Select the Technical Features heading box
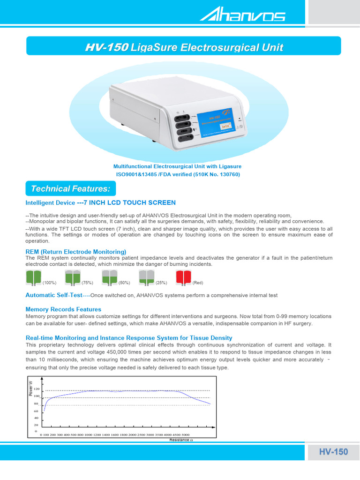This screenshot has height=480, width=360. tap(70, 188)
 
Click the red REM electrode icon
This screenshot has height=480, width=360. tap(183, 278)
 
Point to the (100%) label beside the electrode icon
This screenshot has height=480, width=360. tap(49, 283)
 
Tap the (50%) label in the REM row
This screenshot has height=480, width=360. tap(124, 283)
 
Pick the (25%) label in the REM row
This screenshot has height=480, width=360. tap(161, 283)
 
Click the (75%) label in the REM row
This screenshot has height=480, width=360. tap(88, 283)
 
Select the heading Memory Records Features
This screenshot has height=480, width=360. tap(63, 309)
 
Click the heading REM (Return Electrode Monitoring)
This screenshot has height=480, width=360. tap(75, 252)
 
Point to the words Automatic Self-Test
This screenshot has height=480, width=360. tap(53, 295)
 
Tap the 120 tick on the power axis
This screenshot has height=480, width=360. tap(36, 389)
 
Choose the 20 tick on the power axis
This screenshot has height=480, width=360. tap(36, 425)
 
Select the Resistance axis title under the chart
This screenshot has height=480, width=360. tap(180, 440)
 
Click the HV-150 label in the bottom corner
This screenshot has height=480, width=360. tap(333, 452)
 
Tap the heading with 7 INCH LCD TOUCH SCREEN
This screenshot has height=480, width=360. tap(100, 202)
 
